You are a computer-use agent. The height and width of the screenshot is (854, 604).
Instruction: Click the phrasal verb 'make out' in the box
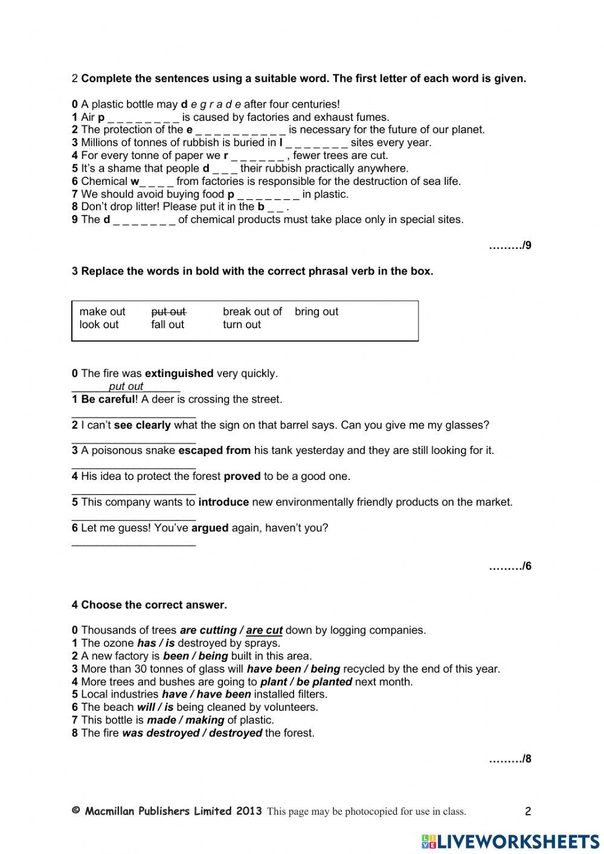[102, 312]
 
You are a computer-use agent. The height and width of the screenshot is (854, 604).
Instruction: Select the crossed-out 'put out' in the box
[169, 312]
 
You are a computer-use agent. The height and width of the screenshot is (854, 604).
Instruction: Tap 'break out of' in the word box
[252, 312]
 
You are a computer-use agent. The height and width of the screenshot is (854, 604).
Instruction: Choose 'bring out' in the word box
[316, 312]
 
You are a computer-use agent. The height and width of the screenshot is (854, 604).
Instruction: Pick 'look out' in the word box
[99, 325]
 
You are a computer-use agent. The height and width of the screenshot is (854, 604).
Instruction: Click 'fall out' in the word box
[167, 325]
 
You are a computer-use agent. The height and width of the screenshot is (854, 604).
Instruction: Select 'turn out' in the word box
[242, 325]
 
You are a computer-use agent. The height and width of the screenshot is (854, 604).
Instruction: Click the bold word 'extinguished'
[179, 374]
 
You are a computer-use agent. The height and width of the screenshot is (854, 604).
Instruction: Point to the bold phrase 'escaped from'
[214, 450]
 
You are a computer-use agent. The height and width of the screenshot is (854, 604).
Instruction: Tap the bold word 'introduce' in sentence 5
[223, 502]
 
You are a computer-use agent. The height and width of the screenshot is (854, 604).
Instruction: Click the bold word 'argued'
[210, 528]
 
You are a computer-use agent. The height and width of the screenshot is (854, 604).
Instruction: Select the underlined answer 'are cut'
[264, 630]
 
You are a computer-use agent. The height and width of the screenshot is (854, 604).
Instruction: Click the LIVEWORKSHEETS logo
[510, 841]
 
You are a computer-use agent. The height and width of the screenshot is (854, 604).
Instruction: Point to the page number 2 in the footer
[528, 812]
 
